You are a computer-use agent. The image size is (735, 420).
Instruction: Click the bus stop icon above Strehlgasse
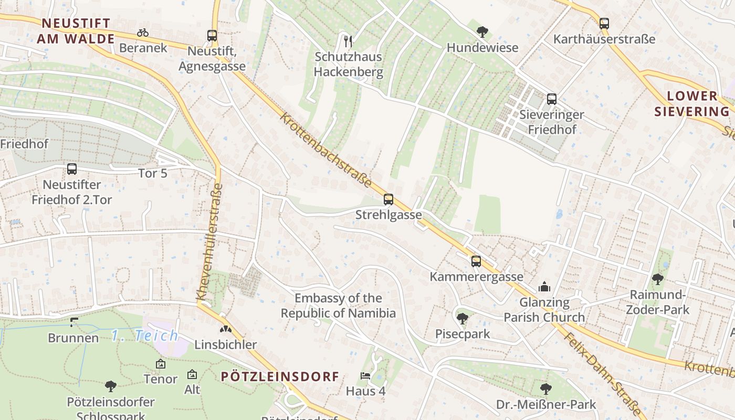tap(388, 199)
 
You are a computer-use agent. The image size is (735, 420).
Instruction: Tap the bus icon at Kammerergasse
tap(476, 261)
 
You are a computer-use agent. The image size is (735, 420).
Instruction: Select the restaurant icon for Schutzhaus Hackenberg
tap(348, 40)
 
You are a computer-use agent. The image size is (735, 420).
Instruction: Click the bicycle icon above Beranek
tap(143, 33)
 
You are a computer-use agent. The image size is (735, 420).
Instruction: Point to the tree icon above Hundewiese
tap(482, 32)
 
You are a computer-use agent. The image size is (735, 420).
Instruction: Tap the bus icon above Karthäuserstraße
tap(604, 24)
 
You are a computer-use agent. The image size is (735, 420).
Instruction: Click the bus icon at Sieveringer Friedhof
tap(552, 99)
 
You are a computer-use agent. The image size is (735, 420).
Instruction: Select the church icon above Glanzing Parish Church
tap(544, 287)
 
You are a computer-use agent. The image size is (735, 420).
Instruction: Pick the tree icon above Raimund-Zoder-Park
tap(657, 279)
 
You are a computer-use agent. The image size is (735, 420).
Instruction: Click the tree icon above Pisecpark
tap(463, 318)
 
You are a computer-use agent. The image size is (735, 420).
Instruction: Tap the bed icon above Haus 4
tap(365, 376)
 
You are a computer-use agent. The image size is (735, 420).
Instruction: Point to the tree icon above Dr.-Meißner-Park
tap(546, 389)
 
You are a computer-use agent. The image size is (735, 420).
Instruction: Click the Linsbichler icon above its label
tap(225, 329)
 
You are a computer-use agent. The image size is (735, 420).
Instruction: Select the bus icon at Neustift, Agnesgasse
tap(212, 36)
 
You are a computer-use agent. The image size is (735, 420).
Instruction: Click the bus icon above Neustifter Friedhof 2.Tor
tap(72, 169)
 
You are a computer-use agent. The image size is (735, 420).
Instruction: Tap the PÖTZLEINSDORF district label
tap(280, 376)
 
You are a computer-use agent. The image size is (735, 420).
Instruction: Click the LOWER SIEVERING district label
tap(692, 103)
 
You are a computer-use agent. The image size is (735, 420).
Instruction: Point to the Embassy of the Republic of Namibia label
tap(338, 306)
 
